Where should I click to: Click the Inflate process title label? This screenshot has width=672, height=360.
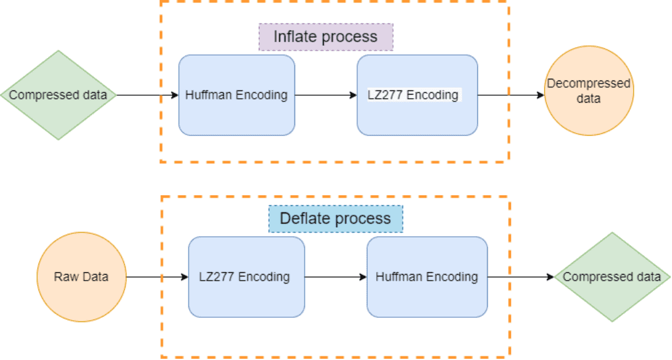click(326, 37)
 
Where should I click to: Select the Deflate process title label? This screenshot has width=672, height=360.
click(335, 218)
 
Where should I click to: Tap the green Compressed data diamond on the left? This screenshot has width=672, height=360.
click(58, 95)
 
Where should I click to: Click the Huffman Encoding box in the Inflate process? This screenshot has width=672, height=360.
click(237, 95)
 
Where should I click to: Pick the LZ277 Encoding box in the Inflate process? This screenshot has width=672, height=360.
click(417, 95)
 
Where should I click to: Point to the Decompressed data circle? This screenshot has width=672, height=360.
click(588, 91)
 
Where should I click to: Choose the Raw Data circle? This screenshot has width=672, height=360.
click(81, 276)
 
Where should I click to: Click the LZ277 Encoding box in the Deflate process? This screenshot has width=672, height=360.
click(246, 276)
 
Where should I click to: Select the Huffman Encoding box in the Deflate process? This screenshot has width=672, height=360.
click(427, 276)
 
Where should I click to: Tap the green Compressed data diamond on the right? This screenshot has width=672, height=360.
click(612, 276)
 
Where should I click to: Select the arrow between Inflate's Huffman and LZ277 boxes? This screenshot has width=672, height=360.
click(326, 95)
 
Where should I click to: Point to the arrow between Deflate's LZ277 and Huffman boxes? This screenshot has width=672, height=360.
click(335, 276)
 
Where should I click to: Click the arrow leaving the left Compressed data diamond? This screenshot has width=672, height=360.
click(147, 95)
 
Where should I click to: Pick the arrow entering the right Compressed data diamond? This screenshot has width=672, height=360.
click(520, 276)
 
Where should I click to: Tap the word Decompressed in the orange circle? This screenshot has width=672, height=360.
click(588, 84)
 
